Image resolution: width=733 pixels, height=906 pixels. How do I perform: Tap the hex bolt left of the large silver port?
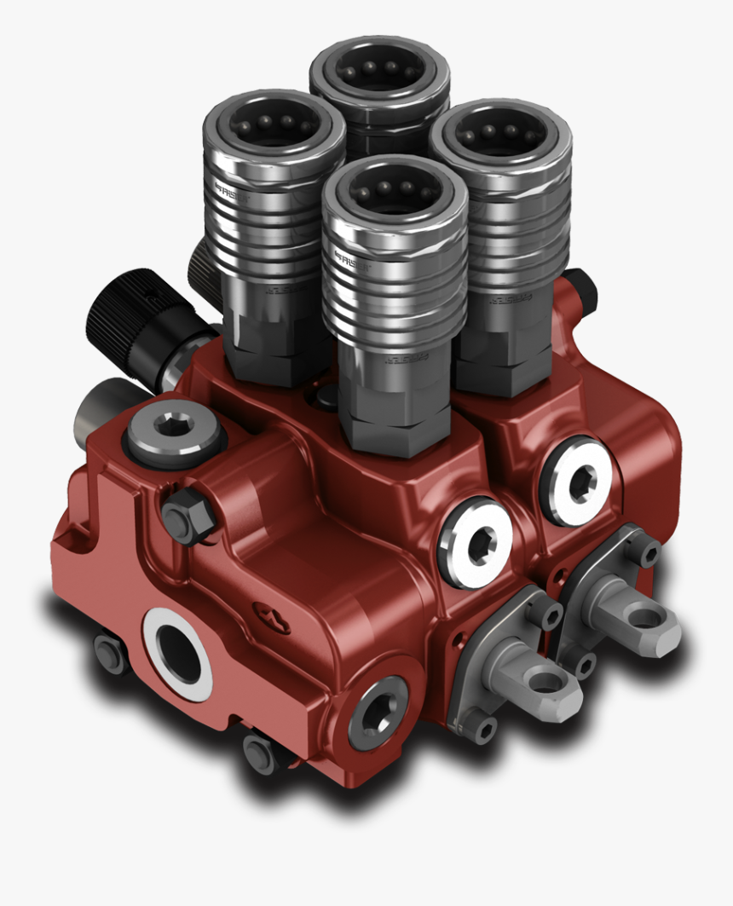point(108,653)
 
